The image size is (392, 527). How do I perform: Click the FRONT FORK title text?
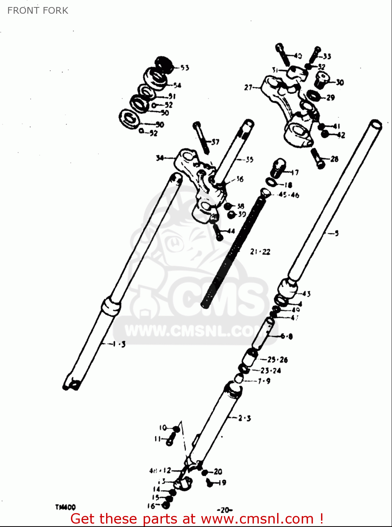pyautogui.click(x=38, y=11)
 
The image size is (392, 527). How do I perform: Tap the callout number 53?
pyautogui.click(x=185, y=68)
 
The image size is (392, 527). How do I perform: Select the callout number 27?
pyautogui.click(x=248, y=87)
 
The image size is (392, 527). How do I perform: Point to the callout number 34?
pyautogui.click(x=160, y=158)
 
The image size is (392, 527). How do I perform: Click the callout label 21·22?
pyautogui.click(x=260, y=252)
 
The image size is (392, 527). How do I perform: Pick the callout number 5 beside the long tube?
pyautogui.click(x=337, y=233)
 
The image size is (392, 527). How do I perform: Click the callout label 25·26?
pyautogui.click(x=277, y=359)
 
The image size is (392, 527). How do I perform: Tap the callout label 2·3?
pyautogui.click(x=244, y=418)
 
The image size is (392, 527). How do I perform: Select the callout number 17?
pyautogui.click(x=295, y=172)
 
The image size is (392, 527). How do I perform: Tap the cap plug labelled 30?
pyautogui.click(x=322, y=80)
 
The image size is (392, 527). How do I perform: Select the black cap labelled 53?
pyautogui.click(x=165, y=64)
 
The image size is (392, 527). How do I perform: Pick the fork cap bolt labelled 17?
pyautogui.click(x=278, y=168)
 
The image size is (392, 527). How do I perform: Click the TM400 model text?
pyautogui.click(x=65, y=507)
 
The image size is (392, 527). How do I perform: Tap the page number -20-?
pyautogui.click(x=225, y=510)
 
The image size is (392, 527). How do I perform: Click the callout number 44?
pyautogui.click(x=231, y=231)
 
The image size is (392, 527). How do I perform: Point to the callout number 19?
pyautogui.click(x=222, y=483)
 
